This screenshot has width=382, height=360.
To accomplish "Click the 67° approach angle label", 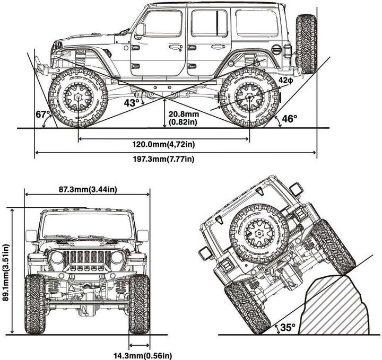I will tap(43, 115).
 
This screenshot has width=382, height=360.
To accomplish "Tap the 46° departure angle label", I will tap(289, 118).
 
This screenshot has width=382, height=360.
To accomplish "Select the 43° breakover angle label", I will tap(131, 102).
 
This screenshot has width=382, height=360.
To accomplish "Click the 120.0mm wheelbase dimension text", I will tap(164, 143).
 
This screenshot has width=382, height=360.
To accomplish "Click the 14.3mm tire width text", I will tap(142, 355).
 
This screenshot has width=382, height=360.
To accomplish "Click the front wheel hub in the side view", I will tap(78, 97).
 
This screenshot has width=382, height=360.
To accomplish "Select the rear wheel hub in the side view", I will tap(249, 97).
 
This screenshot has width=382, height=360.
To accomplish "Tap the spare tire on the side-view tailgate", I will tap(306, 43).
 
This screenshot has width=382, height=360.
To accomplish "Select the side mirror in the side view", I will tap(140, 30).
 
